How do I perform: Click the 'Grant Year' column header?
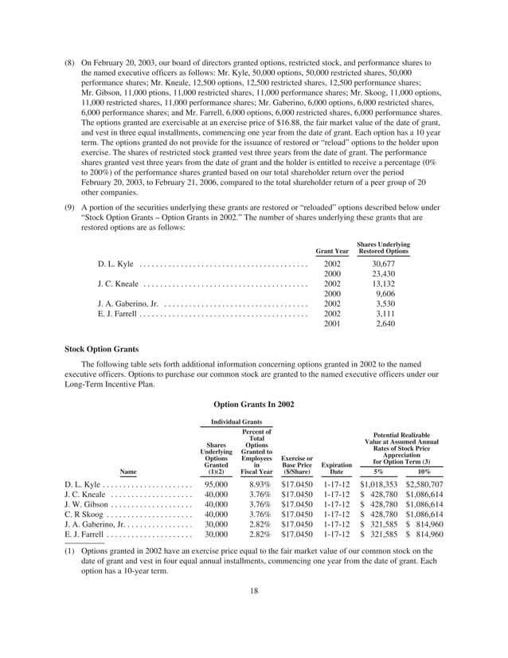click(x=332, y=251)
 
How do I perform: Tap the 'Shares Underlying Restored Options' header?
click(x=383, y=248)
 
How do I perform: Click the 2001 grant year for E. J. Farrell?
click(x=332, y=324)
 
